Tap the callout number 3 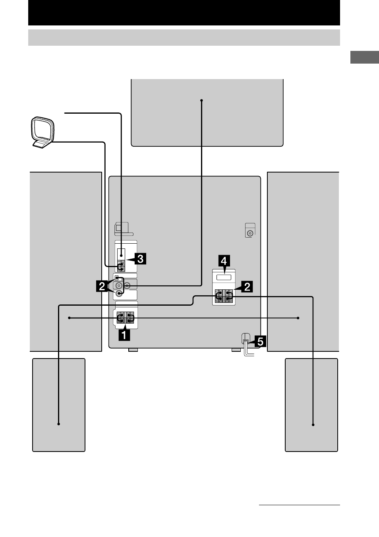pyautogui.click(x=140, y=259)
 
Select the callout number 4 pyautogui.click(x=224, y=261)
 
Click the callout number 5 pyautogui.click(x=260, y=341)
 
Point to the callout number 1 pyautogui.click(x=124, y=335)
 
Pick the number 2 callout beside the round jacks pyautogui.click(x=102, y=286)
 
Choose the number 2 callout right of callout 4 pyautogui.click(x=247, y=287)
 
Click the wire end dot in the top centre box pyautogui.click(x=201, y=101)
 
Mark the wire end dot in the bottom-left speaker pyautogui.click(x=58, y=424)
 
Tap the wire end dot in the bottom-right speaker pyautogui.click(x=313, y=425)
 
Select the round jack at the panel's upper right pyautogui.click(x=250, y=233)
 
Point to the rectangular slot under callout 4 pyautogui.click(x=224, y=277)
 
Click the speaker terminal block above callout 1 pyautogui.click(x=125, y=318)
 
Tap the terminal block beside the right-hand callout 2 pyautogui.click(x=224, y=296)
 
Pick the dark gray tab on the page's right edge pyautogui.click(x=365, y=57)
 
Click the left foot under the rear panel pyautogui.click(x=133, y=350)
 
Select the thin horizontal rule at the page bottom pyautogui.click(x=300, y=505)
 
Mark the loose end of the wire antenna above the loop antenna pyautogui.click(x=65, y=113)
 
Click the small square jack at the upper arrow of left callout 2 pyautogui.click(x=117, y=278)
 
